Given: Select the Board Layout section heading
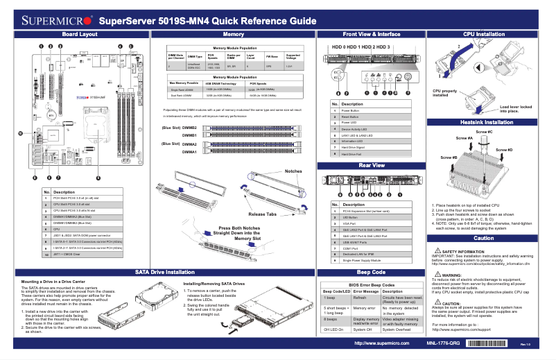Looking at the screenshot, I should click(79, 34).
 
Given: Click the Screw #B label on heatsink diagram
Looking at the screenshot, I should click(430, 158).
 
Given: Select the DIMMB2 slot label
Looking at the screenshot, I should click(188, 128).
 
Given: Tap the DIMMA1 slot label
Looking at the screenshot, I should click(189, 151).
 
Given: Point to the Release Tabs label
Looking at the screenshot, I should click(263, 214).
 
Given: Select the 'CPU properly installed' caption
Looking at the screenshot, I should click(444, 94).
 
